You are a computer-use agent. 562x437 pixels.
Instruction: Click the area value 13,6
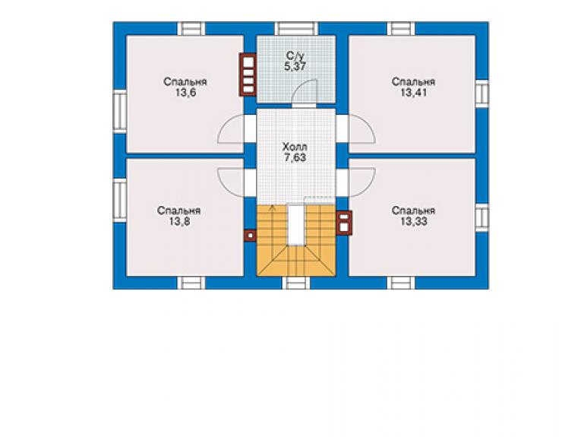pos(185,93)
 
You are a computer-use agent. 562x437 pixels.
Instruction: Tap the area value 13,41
pos(413,93)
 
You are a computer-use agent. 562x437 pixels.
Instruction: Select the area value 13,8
pos(179,222)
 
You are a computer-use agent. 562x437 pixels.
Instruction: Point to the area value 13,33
pos(413,222)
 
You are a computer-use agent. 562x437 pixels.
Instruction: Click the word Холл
pos(295,147)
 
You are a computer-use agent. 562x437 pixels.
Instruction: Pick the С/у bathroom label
pos(295,55)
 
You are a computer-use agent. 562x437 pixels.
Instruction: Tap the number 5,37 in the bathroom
pos(295,66)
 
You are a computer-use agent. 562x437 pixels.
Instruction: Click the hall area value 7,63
pos(295,158)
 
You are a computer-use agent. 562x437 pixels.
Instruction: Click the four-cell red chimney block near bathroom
pos(248,74)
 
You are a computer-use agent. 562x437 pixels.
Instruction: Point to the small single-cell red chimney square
pos(250,236)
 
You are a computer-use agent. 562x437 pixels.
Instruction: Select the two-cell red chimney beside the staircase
pos(344,223)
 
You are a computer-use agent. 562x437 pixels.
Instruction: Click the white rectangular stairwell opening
pos(296,224)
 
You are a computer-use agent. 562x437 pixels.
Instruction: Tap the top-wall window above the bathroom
pos(296,29)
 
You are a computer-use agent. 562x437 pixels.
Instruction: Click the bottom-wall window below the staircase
pos(296,283)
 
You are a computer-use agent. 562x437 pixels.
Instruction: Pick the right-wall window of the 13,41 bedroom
pos(482,93)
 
